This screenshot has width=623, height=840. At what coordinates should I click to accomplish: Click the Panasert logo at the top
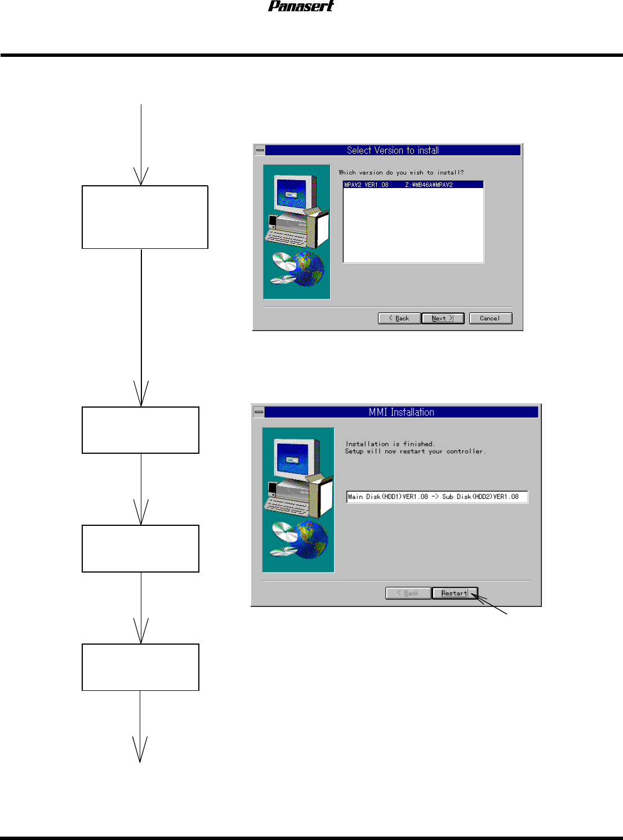[301, 6]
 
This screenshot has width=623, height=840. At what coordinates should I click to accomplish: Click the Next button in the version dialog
[443, 318]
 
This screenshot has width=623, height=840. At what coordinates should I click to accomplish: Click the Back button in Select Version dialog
[399, 318]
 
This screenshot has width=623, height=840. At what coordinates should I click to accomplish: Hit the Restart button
[455, 593]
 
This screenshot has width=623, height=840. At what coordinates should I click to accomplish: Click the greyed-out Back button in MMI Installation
[408, 593]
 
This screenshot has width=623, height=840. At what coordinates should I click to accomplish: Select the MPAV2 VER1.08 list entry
[413, 185]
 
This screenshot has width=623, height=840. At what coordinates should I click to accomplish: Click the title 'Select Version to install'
[393, 150]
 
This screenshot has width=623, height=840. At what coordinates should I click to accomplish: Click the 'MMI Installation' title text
[401, 412]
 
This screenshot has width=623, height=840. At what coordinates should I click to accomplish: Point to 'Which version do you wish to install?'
[401, 173]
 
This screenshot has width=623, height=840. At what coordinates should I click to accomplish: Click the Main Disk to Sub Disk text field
[437, 497]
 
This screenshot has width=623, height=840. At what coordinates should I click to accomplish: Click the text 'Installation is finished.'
[390, 444]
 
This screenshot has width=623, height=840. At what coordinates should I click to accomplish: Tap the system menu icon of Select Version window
[260, 150]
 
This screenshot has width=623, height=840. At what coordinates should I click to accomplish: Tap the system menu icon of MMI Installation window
[259, 412]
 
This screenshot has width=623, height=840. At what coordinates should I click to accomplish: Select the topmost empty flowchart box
[145, 217]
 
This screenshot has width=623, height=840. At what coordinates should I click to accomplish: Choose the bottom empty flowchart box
[140, 667]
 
